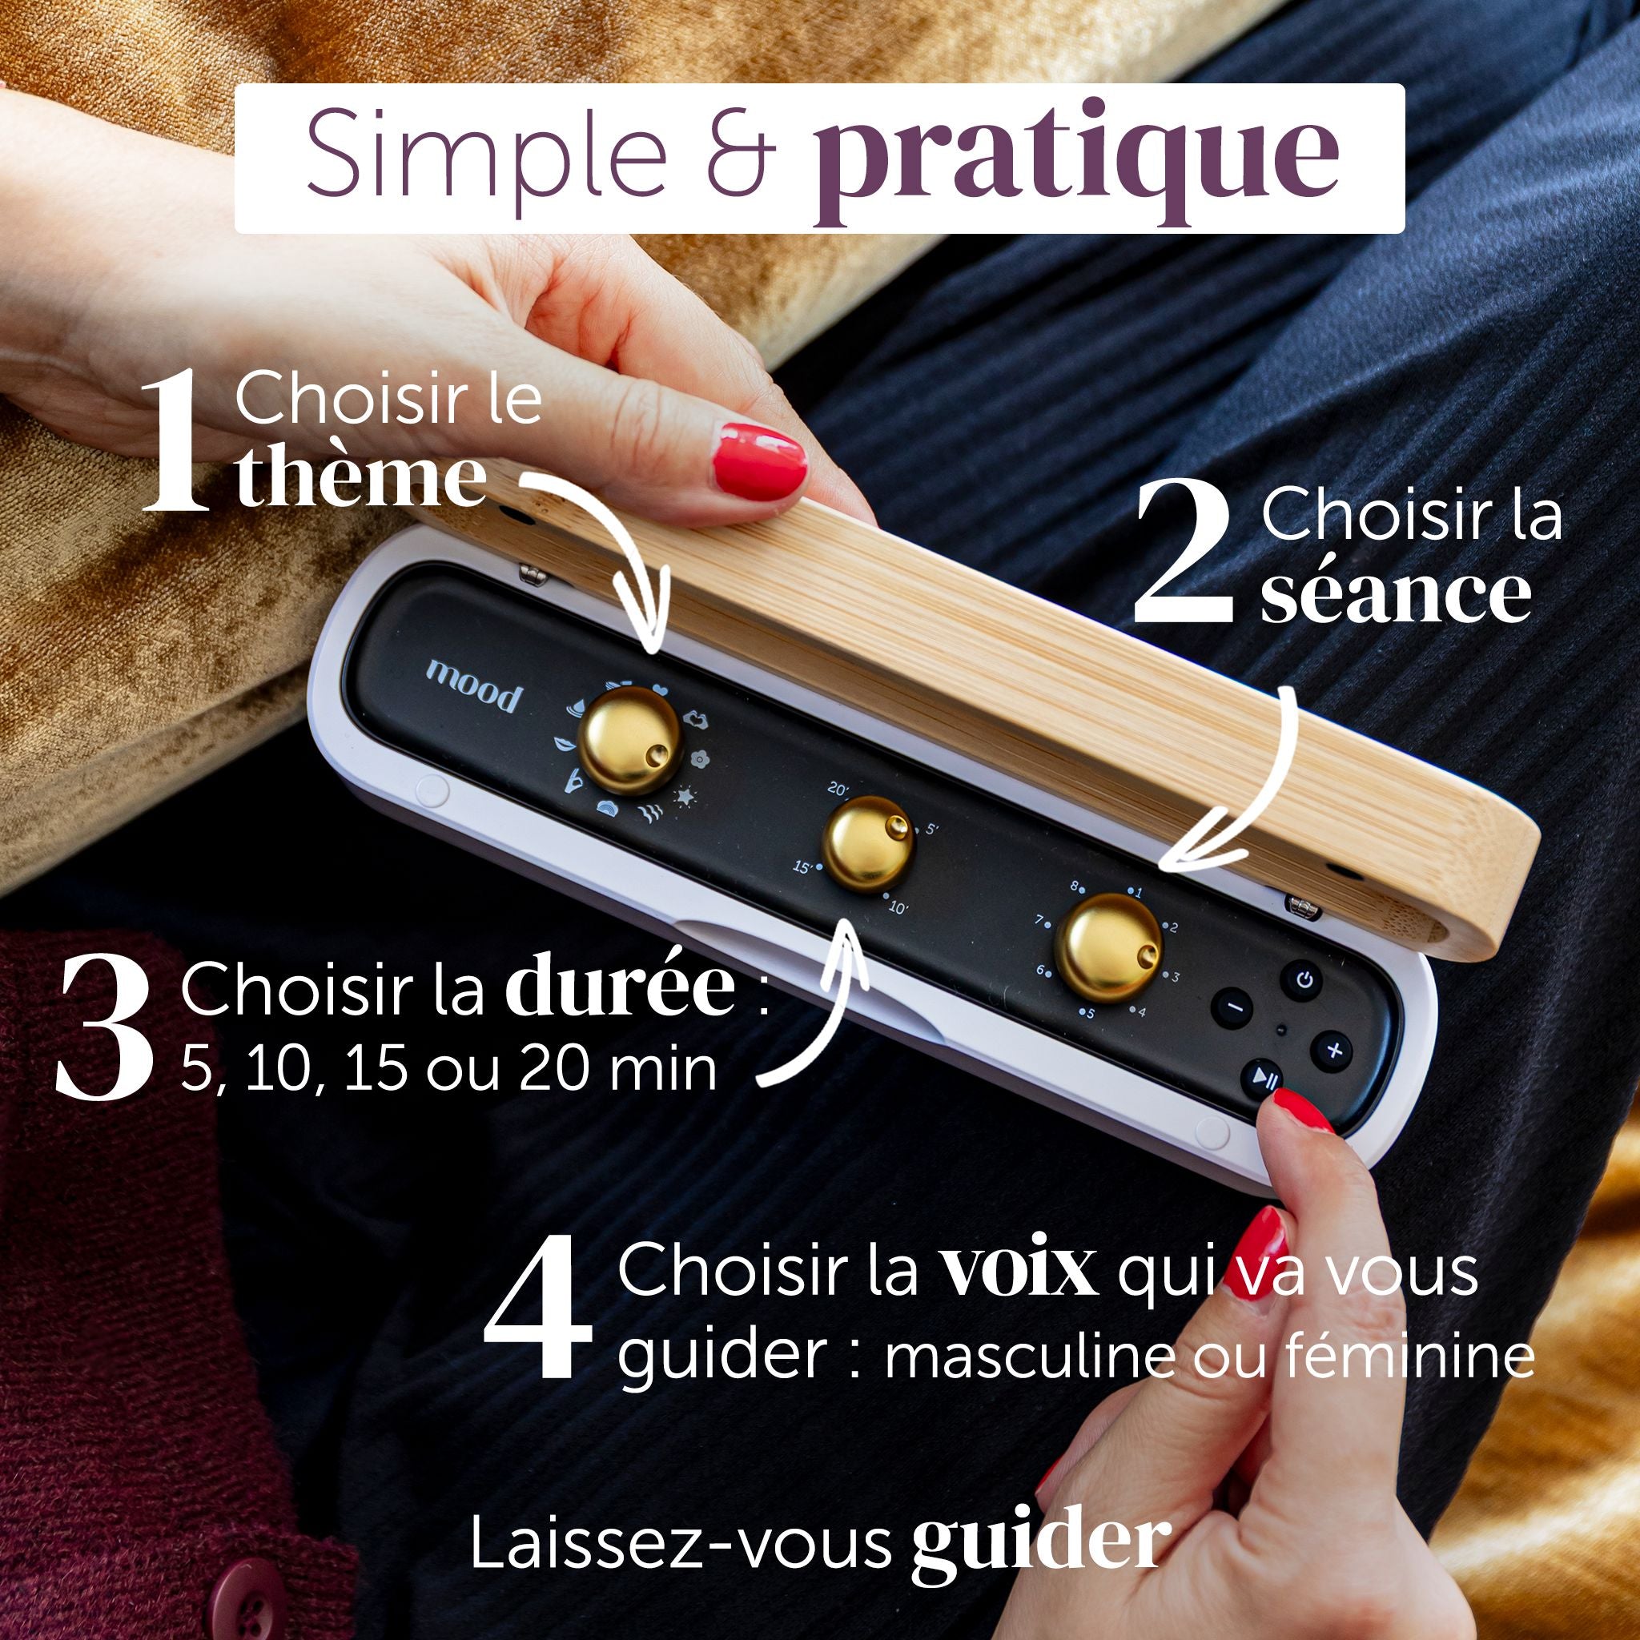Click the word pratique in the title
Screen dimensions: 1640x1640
(x=1072, y=166)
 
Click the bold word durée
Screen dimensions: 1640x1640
(x=620, y=989)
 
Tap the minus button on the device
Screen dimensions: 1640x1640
(x=1236, y=1009)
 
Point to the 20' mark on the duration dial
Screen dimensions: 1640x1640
(x=838, y=790)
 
